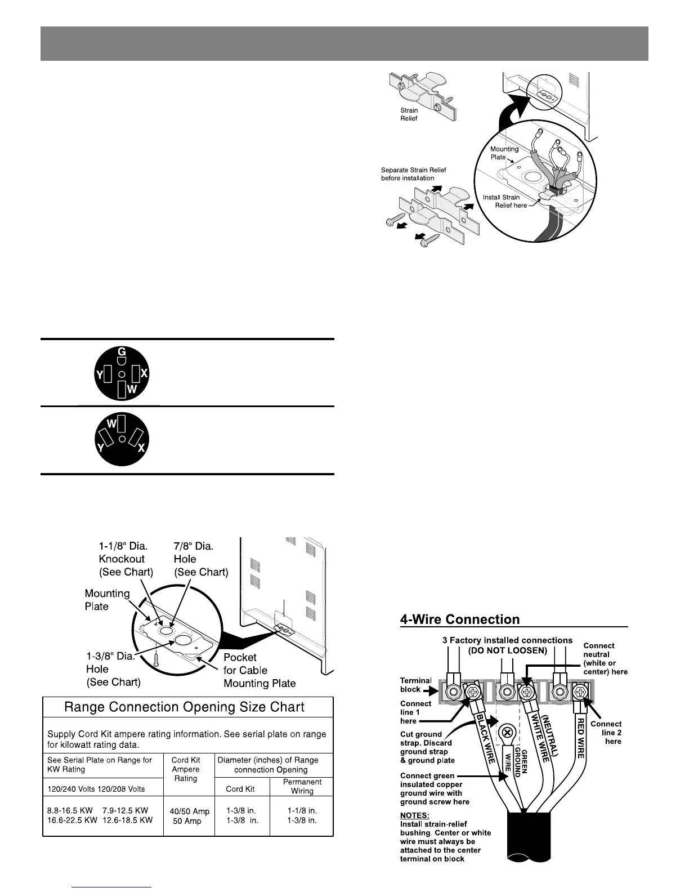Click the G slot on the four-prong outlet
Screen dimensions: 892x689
(x=121, y=358)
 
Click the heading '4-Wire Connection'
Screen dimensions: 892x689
(x=460, y=619)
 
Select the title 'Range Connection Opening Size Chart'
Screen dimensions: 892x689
(x=185, y=707)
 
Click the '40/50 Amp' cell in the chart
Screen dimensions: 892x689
(x=189, y=811)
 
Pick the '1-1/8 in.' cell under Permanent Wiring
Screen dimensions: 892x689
(x=302, y=811)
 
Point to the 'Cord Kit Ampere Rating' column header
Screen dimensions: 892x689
(x=186, y=769)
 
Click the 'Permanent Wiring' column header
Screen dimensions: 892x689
(x=302, y=786)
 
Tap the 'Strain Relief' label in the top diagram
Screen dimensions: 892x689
(x=409, y=114)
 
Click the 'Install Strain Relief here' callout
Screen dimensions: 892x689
(x=505, y=201)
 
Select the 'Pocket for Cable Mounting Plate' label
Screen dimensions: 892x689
(x=260, y=670)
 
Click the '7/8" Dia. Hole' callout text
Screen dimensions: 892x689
(x=201, y=559)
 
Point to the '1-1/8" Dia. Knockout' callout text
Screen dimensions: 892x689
(x=126, y=559)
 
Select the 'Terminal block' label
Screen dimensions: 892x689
(x=415, y=685)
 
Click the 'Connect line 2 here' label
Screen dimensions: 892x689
(x=606, y=733)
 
